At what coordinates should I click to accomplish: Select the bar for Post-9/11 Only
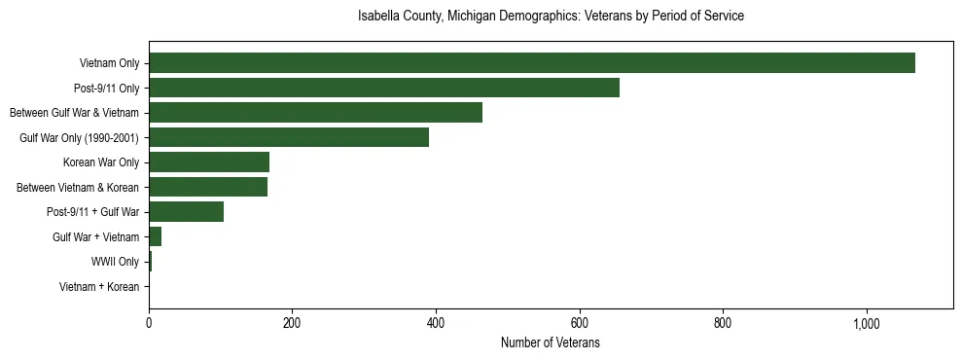(384, 88)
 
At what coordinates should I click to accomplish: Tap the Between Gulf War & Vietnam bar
(315, 113)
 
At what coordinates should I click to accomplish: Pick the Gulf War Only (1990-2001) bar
(289, 137)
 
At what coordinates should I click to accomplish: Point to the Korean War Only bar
(209, 162)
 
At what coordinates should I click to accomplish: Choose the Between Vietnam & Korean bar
(208, 187)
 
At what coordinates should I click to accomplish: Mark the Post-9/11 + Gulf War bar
(186, 212)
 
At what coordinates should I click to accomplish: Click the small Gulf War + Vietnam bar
(156, 236)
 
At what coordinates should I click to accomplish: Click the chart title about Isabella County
(551, 17)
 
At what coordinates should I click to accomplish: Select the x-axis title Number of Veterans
(551, 343)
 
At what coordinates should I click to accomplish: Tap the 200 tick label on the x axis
(292, 323)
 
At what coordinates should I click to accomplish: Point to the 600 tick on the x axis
(580, 323)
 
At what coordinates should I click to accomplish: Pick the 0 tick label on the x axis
(149, 323)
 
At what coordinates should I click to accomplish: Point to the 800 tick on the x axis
(723, 323)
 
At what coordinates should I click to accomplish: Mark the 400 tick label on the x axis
(436, 323)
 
